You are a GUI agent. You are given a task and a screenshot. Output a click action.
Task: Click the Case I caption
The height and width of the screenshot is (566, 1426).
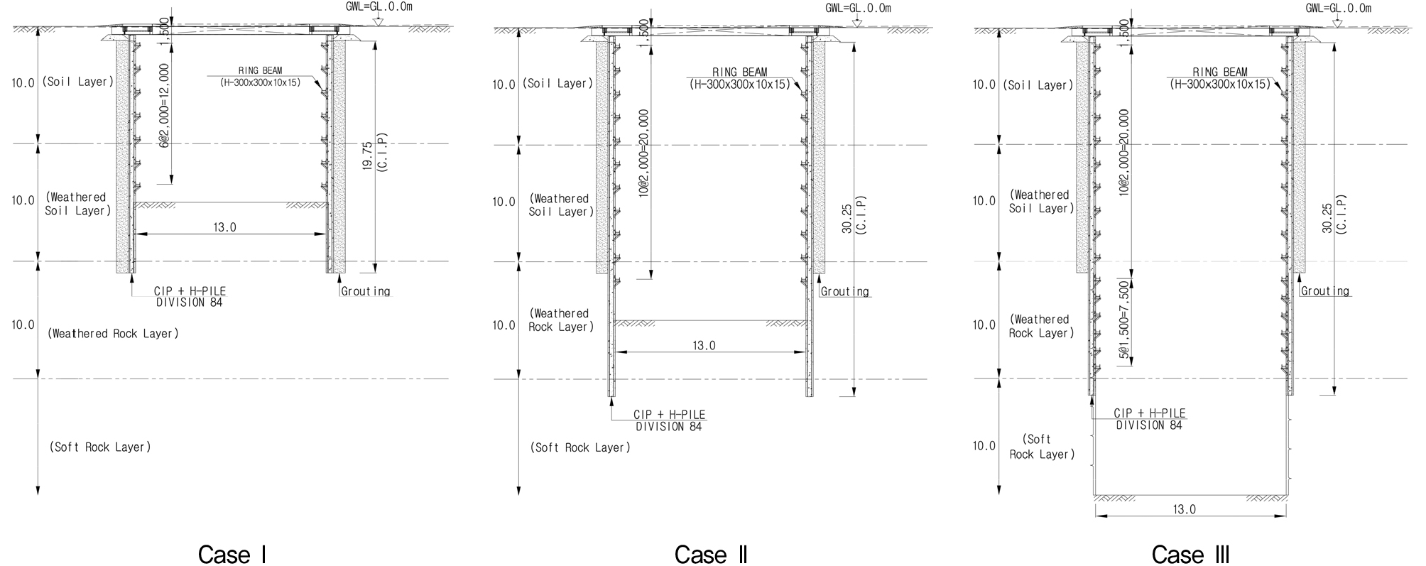(x=232, y=554)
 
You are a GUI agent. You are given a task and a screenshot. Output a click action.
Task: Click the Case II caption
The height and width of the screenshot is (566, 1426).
(x=711, y=554)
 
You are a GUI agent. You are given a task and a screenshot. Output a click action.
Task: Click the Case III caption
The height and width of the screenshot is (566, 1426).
(x=1191, y=554)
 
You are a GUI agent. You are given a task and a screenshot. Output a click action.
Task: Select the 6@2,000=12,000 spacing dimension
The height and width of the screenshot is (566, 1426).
(x=164, y=106)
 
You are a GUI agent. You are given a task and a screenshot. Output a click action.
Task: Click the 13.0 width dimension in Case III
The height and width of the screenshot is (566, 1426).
(x=1185, y=509)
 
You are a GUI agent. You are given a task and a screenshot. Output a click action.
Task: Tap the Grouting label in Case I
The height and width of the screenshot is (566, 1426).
(x=366, y=291)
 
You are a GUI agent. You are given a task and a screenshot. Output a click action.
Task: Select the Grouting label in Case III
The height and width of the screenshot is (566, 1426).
(x=1325, y=291)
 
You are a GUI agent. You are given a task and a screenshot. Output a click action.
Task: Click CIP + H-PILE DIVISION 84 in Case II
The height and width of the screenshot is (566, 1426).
(x=669, y=420)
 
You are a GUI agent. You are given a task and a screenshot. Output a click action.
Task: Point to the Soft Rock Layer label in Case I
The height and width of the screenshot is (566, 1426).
(x=100, y=447)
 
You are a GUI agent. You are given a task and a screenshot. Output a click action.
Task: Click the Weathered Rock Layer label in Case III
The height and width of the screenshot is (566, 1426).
(x=1041, y=326)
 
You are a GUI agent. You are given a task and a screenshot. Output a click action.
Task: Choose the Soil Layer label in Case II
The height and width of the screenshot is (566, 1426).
(x=558, y=83)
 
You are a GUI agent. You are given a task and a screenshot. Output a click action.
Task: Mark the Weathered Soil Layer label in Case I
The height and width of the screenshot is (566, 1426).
(x=77, y=204)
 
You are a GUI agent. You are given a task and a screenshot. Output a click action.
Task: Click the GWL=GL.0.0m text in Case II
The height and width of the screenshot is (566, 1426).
(x=858, y=8)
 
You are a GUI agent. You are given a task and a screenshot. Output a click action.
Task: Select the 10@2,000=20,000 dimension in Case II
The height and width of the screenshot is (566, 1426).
(x=644, y=153)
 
